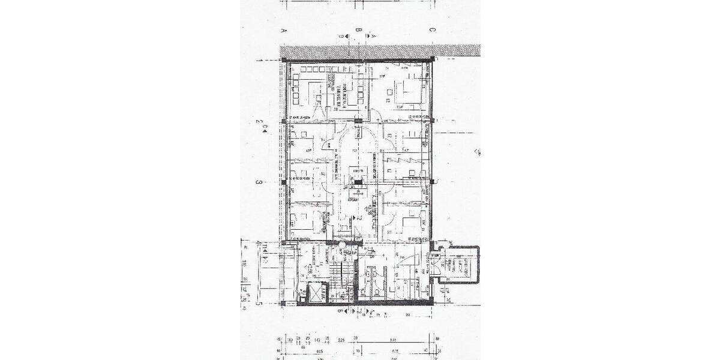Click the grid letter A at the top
pyautogui.click(x=282, y=29)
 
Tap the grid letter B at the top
pyautogui.click(x=358, y=29)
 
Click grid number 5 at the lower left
pyautogui.click(x=260, y=304)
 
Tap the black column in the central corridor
pyautogui.click(x=358, y=184)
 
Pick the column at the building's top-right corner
pyautogui.click(x=432, y=59)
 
